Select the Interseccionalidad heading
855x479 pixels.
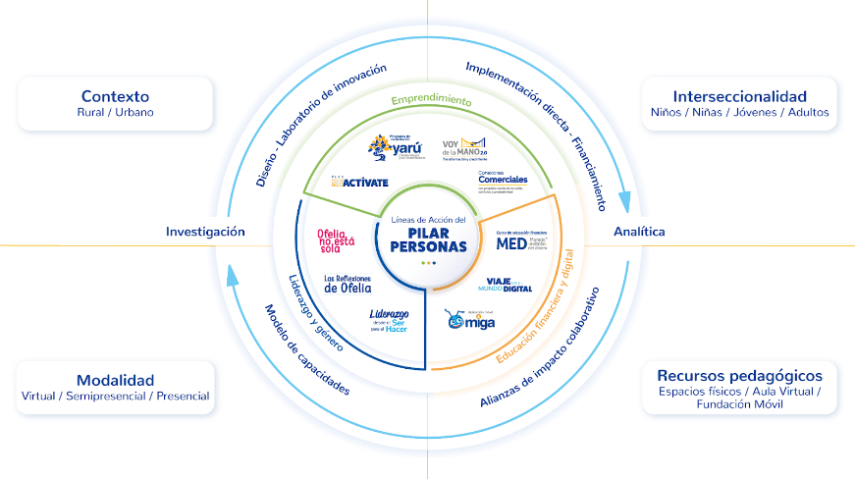739,96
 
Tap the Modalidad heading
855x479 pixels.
116,380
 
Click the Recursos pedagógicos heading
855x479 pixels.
739,376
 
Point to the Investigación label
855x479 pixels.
205,232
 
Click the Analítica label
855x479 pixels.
639,232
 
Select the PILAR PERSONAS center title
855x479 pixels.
427,239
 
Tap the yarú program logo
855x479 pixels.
391,147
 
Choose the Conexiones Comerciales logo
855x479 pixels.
504,180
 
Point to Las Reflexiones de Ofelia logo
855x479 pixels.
347,285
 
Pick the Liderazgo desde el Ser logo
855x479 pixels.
388,321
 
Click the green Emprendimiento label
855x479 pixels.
431,101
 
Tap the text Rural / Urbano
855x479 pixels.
116,113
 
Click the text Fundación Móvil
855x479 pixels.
739,405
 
